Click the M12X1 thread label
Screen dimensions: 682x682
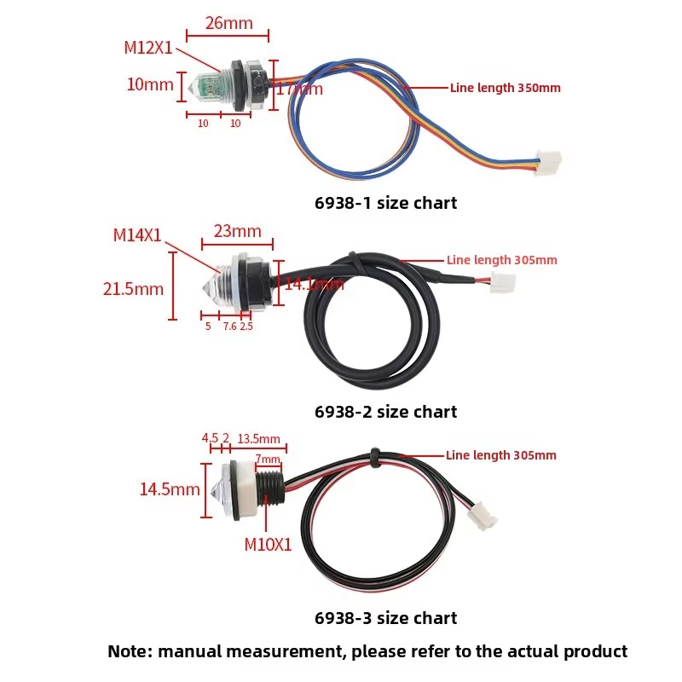point(148,48)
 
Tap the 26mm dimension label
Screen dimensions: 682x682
point(229,23)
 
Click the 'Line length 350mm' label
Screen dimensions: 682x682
point(505,88)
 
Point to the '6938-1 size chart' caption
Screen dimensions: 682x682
point(385,203)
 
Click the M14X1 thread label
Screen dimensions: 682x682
point(137,235)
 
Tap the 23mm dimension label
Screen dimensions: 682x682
point(238,231)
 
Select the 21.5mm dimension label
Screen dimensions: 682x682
point(133,289)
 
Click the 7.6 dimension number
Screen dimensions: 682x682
point(229,326)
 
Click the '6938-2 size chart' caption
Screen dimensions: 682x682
point(385,412)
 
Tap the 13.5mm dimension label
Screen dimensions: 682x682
point(259,439)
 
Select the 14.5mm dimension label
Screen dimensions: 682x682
point(170,489)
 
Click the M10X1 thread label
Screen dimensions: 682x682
point(268,545)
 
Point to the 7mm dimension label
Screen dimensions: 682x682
point(267,459)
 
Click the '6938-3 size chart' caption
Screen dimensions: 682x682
point(385,618)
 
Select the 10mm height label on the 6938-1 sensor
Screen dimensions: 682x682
point(150,85)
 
